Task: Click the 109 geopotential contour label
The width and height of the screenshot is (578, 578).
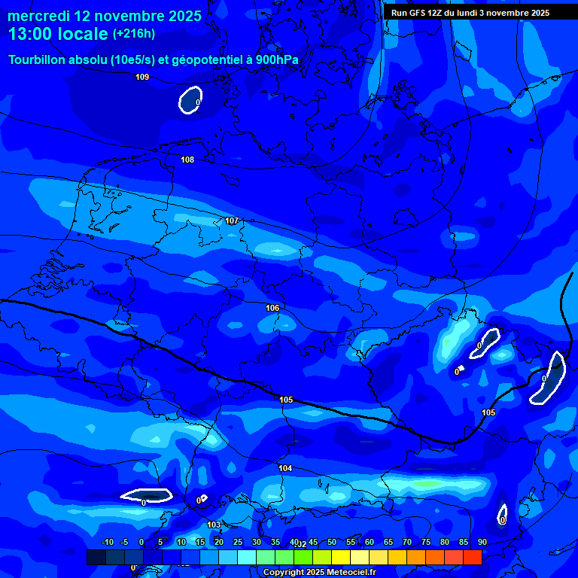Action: [x=142, y=77]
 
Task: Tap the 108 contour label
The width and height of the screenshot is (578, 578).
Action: [x=187, y=160]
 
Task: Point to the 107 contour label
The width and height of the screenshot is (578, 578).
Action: [x=232, y=221]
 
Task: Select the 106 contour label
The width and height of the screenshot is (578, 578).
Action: [x=272, y=308]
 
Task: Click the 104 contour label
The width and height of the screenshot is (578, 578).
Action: [x=285, y=468]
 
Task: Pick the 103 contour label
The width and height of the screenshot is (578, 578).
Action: [x=214, y=525]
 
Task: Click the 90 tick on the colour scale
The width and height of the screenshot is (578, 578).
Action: [x=482, y=543]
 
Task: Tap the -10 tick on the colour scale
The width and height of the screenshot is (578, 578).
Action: [x=107, y=543]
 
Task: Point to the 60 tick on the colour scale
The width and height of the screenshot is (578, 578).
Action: [x=370, y=543]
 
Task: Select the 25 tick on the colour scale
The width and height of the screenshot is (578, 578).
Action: [x=238, y=543]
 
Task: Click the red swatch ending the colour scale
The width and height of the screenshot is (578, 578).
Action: [x=472, y=557]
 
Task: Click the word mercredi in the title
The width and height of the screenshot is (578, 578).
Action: [x=38, y=16]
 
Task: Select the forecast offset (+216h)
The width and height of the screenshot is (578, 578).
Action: [x=133, y=34]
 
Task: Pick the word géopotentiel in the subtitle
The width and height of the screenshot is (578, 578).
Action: [x=205, y=60]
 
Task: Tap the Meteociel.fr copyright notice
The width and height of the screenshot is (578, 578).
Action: [x=319, y=572]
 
